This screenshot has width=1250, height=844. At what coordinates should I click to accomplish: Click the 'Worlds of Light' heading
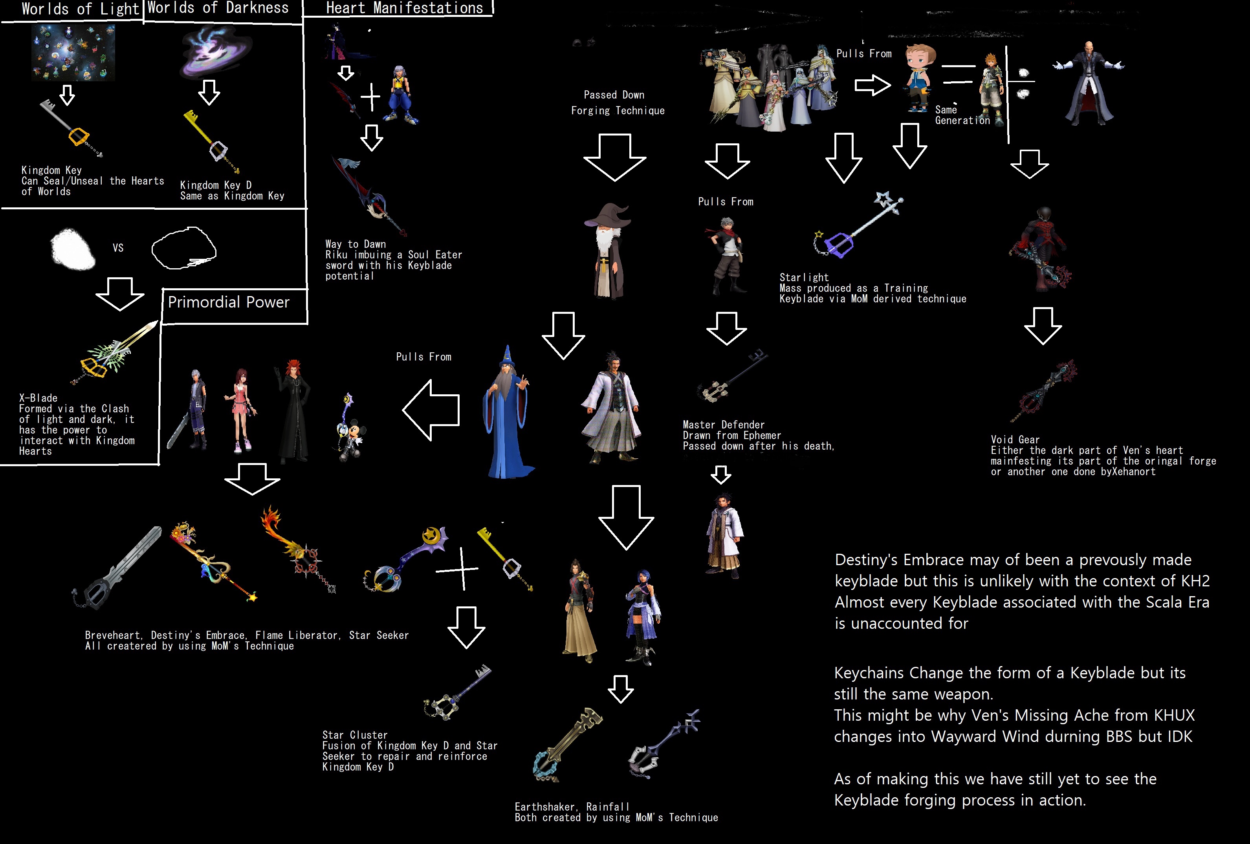pos(80,9)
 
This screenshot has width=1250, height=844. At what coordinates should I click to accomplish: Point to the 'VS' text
pos(118,248)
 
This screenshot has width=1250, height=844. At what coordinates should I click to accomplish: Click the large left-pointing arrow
pos(431,410)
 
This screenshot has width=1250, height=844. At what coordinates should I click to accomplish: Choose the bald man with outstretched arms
pos(1089,83)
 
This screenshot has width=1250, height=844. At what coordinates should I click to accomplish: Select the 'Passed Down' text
pos(614,95)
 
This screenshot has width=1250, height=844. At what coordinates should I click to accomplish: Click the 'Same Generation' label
pos(962,115)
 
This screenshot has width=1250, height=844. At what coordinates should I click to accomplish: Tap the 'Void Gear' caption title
pos(1015,440)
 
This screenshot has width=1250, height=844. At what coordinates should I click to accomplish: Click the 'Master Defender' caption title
pos(724,425)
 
